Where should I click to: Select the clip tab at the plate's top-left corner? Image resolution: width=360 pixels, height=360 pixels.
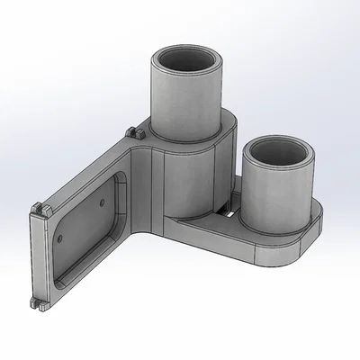(39, 209)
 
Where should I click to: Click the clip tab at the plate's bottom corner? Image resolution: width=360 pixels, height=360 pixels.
(37, 302)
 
